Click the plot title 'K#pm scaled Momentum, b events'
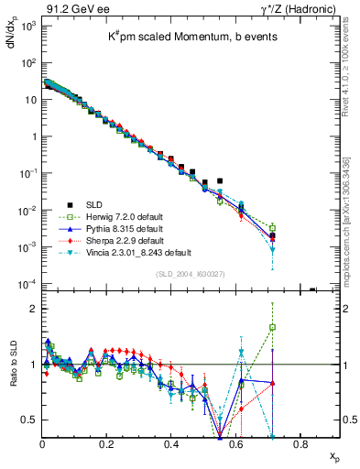[191, 35]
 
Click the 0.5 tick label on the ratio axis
[29, 420]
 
